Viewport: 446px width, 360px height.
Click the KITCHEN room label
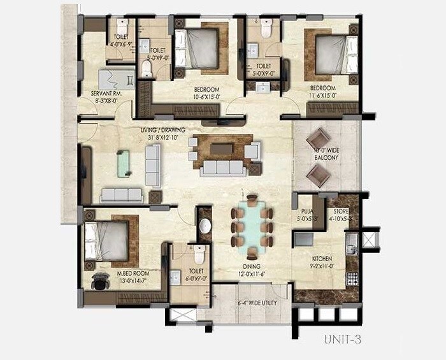tap(322, 258)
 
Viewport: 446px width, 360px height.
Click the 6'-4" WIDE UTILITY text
tap(253, 303)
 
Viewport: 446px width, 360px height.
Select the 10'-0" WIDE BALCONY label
tap(326, 153)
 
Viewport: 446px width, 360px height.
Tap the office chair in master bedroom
tap(100, 280)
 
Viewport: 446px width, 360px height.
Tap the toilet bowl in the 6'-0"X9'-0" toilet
tap(199, 256)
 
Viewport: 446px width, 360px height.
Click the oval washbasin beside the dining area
tap(205, 226)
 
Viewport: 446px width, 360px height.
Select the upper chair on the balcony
tap(318, 139)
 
